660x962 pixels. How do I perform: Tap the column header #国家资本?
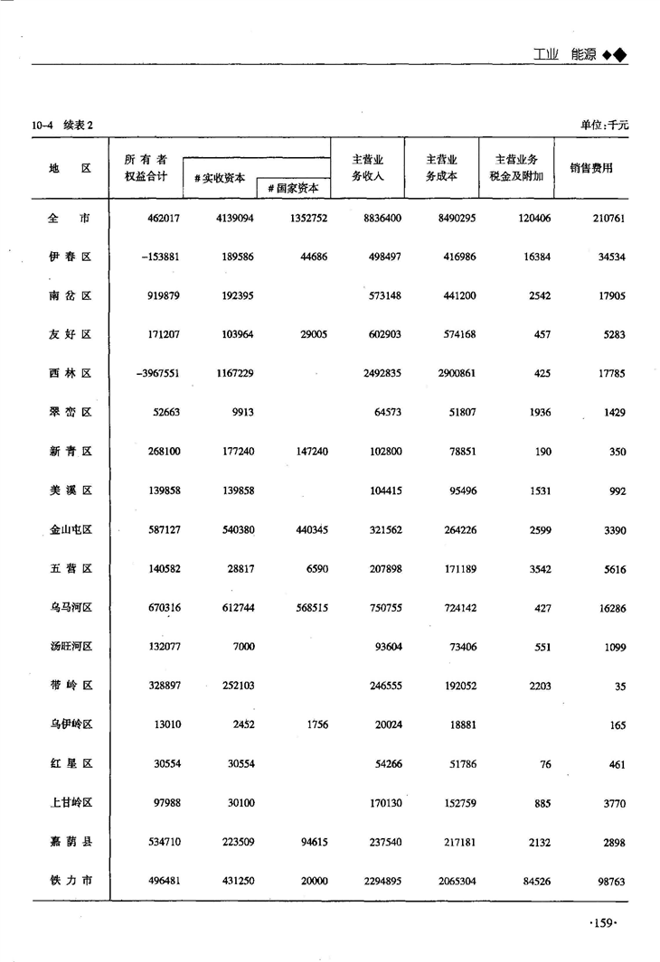(293, 188)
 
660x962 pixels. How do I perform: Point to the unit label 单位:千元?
(604, 125)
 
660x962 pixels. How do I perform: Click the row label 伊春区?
(70, 257)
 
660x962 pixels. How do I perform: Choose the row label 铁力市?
(70, 881)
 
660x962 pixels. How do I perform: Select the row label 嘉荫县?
(70, 842)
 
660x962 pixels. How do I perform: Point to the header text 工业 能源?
(579, 54)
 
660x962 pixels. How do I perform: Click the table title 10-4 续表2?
(62, 125)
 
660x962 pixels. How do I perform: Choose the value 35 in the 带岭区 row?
(619, 686)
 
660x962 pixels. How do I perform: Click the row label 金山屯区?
(70, 530)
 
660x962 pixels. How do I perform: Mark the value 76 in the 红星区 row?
(545, 764)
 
